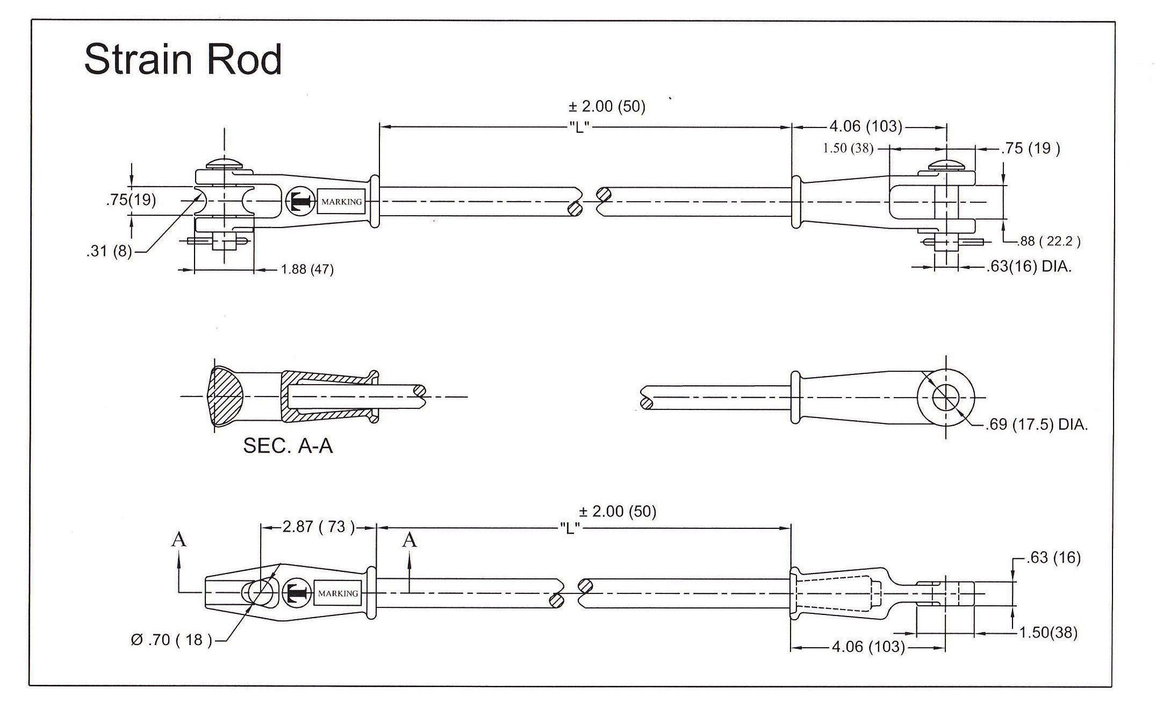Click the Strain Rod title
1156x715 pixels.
click(x=183, y=59)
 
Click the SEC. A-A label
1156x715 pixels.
click(x=288, y=446)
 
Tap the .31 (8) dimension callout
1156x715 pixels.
click(x=109, y=251)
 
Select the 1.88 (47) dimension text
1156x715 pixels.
click(x=307, y=270)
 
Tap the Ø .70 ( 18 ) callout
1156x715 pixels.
click(x=171, y=640)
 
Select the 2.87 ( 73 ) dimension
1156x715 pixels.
click(x=319, y=527)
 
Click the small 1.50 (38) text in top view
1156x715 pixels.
click(x=848, y=148)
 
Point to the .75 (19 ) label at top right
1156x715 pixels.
click(x=1031, y=148)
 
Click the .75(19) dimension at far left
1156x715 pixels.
click(x=131, y=200)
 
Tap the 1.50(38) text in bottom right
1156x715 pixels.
click(x=1048, y=633)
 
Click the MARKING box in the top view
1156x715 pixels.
click(x=341, y=202)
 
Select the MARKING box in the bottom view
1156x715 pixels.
click(x=338, y=593)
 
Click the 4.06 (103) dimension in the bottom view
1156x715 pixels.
click(x=867, y=646)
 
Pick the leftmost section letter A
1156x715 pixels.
click(x=178, y=540)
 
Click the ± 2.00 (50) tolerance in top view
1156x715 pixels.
click(x=607, y=107)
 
